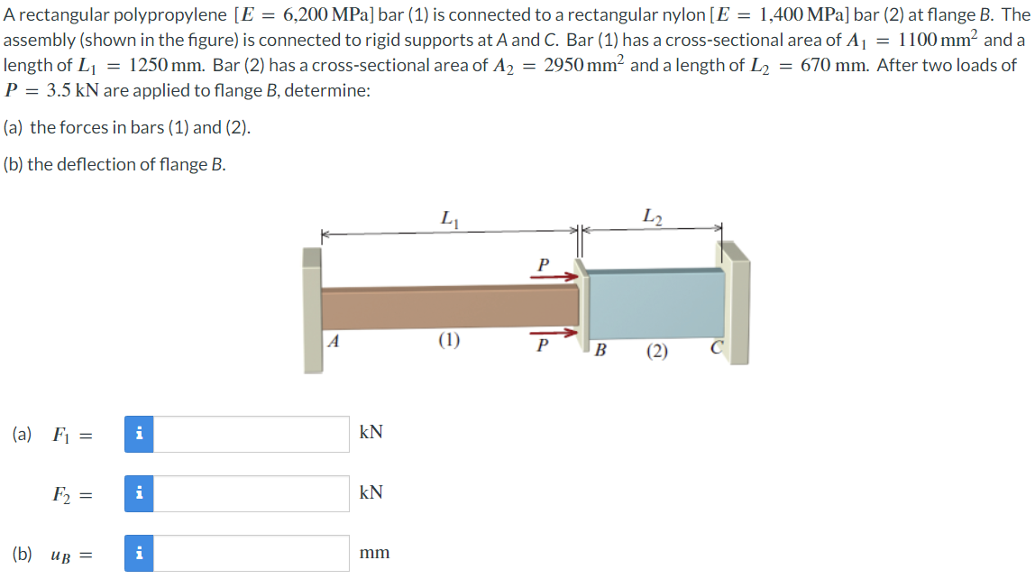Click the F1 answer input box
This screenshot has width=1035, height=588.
point(252,434)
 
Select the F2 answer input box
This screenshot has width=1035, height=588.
point(252,493)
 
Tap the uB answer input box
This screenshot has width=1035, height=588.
point(252,553)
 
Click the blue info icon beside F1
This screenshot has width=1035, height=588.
point(138,434)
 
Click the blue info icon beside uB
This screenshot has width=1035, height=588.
point(138,553)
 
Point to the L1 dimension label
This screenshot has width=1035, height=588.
point(448,217)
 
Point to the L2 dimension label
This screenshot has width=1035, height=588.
point(653,216)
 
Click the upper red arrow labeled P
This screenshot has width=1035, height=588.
point(552,277)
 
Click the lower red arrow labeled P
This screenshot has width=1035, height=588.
point(552,334)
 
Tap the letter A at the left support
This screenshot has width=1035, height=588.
point(334,342)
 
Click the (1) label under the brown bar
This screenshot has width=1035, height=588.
point(449,341)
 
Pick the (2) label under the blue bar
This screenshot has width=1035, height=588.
point(656,352)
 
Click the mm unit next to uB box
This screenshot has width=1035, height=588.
point(374,553)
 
